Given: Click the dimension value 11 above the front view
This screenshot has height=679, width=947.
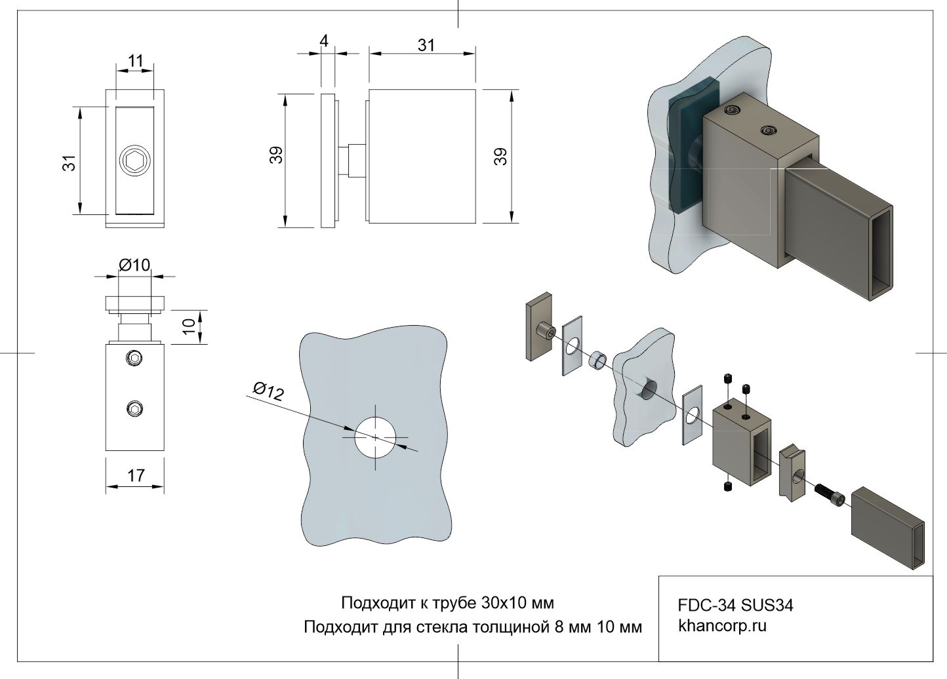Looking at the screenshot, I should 135,61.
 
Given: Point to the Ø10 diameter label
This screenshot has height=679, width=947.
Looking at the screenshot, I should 134,265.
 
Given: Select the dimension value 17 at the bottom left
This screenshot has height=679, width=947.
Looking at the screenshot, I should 136,475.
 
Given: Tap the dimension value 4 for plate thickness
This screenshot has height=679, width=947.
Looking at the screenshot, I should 324,41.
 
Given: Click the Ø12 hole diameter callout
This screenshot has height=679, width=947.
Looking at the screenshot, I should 268,391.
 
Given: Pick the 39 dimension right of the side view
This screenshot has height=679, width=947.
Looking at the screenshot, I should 500,156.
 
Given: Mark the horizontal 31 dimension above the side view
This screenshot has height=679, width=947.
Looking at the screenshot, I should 426,45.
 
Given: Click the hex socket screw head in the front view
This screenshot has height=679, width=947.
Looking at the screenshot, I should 135,160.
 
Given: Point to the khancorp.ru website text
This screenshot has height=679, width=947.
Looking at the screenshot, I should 722,625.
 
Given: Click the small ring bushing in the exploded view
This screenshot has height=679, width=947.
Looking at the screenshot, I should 597,360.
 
